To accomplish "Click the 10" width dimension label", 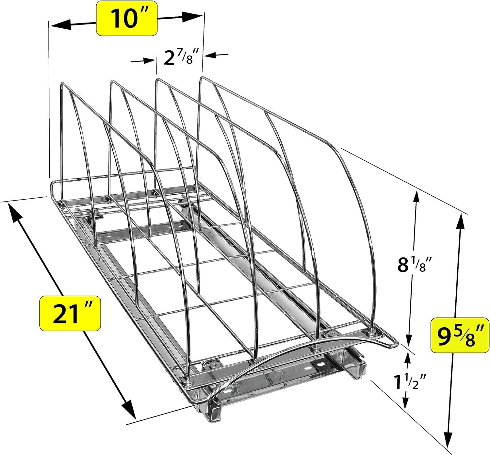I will [x=127, y=18].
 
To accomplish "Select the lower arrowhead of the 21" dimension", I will [x=129, y=410].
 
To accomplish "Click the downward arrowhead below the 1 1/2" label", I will [x=405, y=404].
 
